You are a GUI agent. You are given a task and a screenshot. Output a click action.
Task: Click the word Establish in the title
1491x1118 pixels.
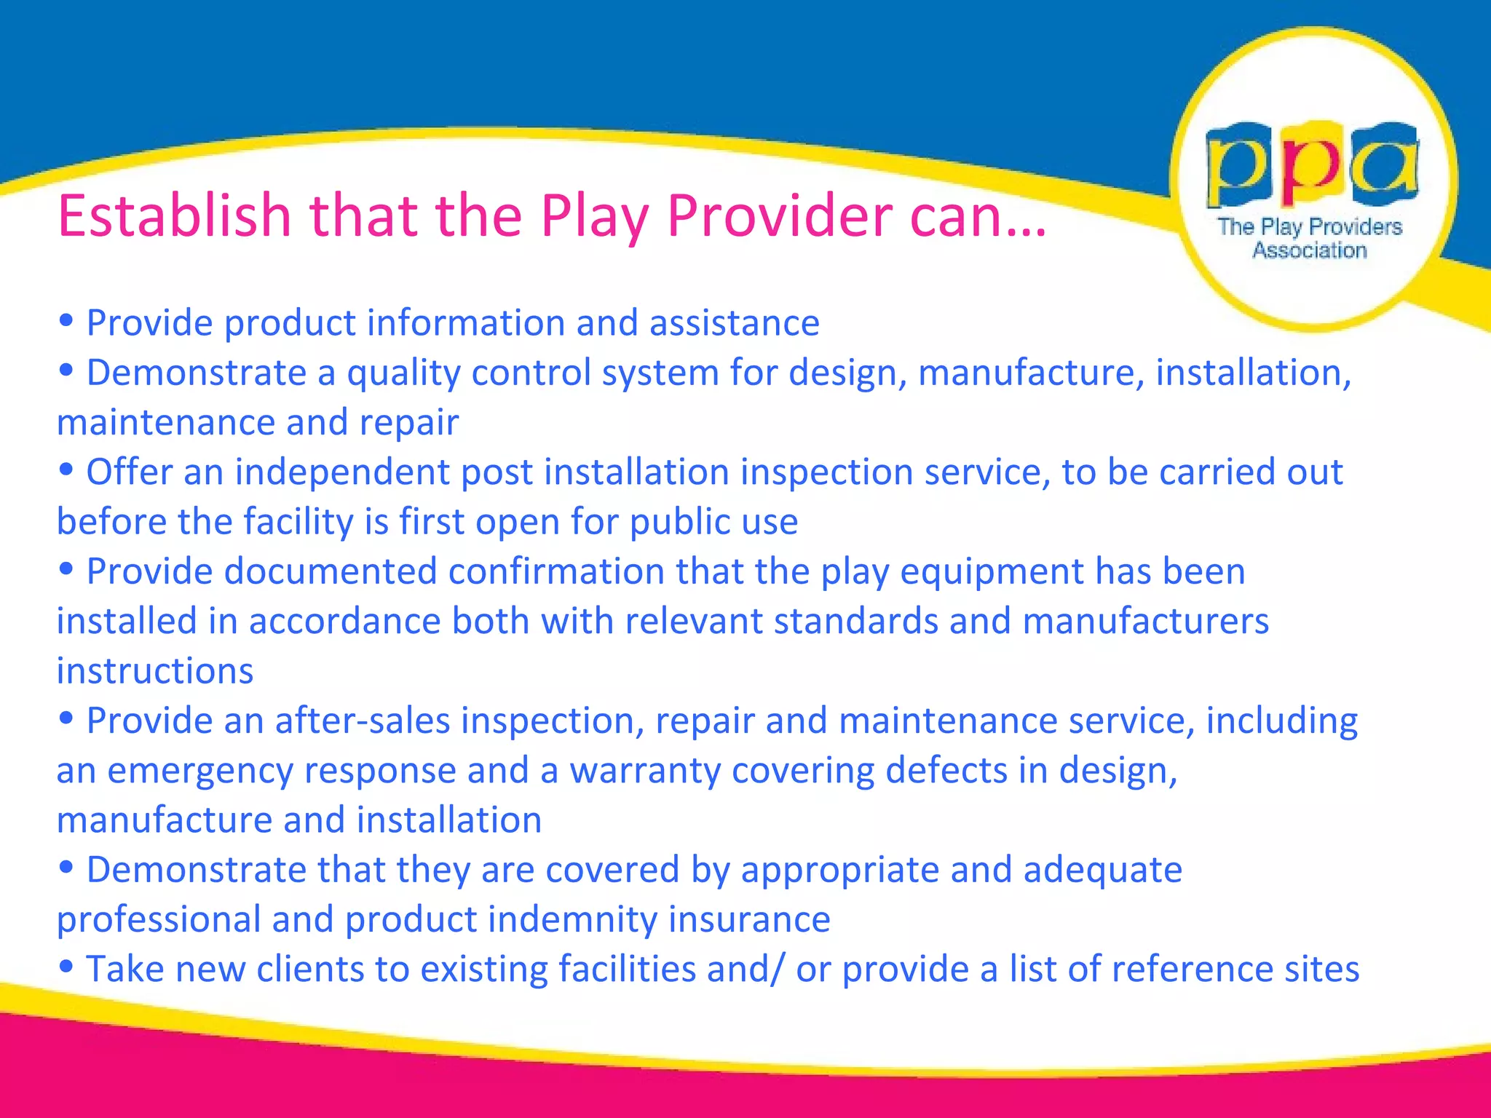point(174,216)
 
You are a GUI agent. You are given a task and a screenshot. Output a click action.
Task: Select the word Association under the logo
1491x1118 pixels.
point(1310,250)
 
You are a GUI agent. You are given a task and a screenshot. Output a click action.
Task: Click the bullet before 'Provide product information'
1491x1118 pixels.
point(66,320)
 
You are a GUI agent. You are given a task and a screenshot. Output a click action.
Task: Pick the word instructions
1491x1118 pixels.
point(155,671)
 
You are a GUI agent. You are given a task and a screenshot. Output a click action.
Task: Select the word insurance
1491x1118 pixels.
point(749,920)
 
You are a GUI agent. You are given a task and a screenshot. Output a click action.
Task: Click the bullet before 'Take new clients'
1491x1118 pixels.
point(66,967)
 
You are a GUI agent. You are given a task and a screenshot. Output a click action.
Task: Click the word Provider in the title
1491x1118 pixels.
point(780,216)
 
